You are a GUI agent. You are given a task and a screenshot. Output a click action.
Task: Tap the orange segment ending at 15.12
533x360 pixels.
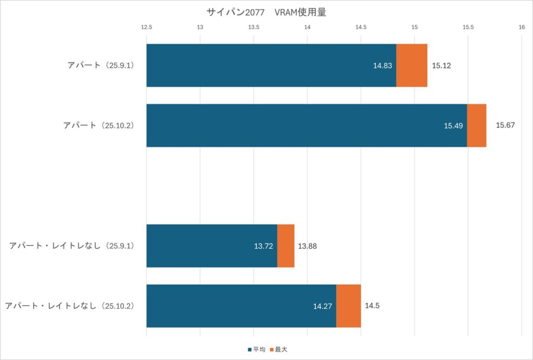click(412, 66)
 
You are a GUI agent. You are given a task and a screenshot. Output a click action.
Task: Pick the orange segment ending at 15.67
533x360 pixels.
click(477, 125)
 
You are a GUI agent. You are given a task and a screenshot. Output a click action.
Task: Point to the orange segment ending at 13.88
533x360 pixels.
click(286, 246)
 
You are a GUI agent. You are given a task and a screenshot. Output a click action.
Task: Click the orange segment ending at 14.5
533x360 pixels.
click(349, 306)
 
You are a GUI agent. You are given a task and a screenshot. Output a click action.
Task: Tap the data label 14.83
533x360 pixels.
click(383, 66)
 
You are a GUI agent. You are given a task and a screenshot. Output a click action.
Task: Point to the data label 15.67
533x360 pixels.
click(505, 125)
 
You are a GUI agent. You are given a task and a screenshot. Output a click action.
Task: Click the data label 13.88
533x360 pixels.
click(307, 246)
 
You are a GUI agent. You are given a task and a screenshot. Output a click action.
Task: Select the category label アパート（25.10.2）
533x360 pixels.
click(98, 125)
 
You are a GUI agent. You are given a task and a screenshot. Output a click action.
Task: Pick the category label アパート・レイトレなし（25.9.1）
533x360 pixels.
click(72, 246)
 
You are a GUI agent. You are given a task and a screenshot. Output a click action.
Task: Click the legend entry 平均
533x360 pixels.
click(258, 349)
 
